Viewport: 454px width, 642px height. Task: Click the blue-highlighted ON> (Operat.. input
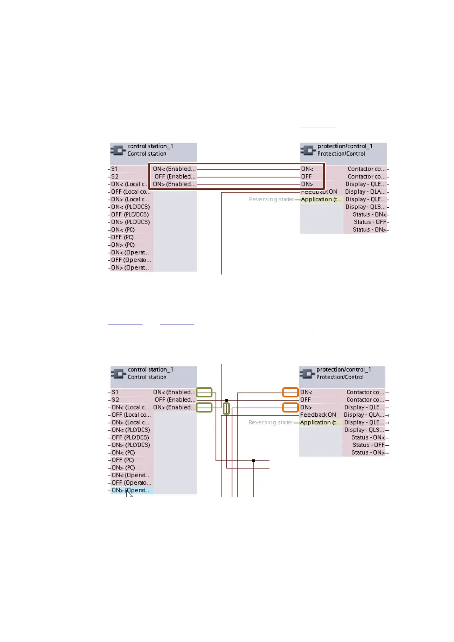tap(132, 490)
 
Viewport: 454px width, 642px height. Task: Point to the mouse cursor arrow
tap(129, 494)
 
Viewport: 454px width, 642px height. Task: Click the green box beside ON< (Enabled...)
tap(204, 392)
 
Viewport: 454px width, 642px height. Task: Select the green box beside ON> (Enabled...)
tap(204, 408)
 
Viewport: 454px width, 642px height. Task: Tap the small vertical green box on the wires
tap(226, 409)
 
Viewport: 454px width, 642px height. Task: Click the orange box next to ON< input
tap(290, 392)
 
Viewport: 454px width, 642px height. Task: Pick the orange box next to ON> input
tap(290, 408)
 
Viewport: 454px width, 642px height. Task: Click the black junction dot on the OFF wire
tap(226, 400)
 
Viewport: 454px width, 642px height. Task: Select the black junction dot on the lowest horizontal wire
tap(253, 461)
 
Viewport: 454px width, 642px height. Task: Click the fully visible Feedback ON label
tap(318, 415)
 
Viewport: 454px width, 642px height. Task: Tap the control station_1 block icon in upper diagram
tap(118, 150)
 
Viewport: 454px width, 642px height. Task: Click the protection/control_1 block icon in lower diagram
tap(307, 373)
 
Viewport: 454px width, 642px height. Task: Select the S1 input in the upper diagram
tap(115, 169)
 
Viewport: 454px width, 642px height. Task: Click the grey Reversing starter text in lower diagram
tap(271, 422)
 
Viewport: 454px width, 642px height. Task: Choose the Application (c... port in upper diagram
tap(321, 199)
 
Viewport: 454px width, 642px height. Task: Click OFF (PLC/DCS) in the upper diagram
tap(130, 214)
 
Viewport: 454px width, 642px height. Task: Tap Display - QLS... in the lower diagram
tap(364, 430)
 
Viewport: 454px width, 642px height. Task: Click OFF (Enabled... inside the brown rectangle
tap(175, 177)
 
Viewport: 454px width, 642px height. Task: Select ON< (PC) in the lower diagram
tap(123, 453)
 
